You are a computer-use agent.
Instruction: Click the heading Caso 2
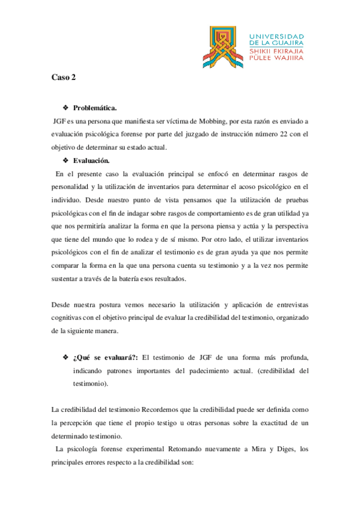click(62, 78)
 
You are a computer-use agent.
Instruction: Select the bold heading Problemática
click(94, 108)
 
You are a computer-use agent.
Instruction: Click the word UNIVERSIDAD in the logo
click(276, 35)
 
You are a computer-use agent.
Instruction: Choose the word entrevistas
click(290, 304)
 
